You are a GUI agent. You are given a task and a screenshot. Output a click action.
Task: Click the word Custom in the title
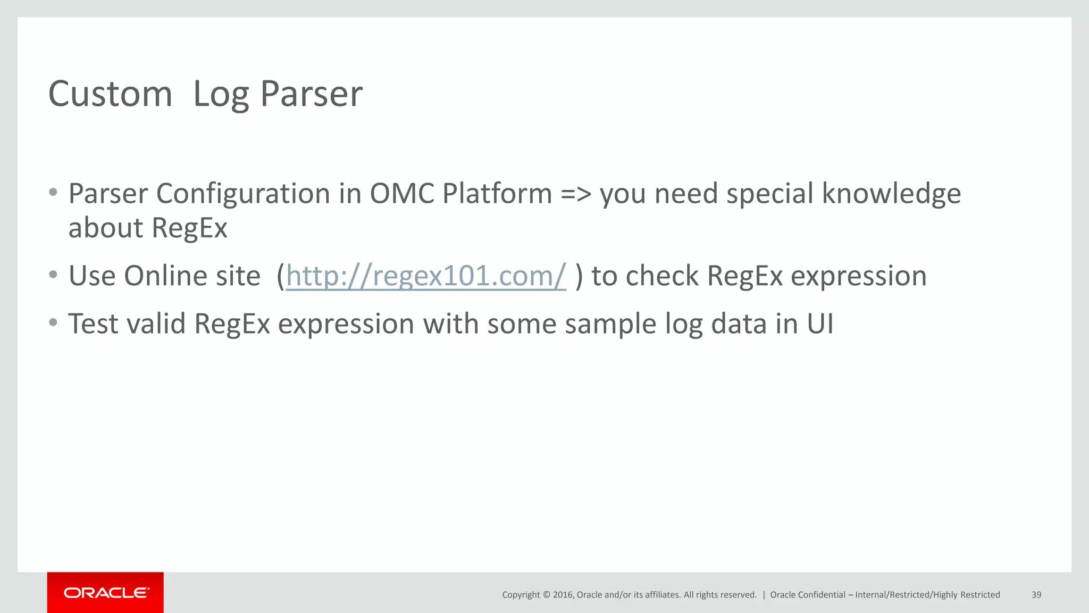tap(110, 94)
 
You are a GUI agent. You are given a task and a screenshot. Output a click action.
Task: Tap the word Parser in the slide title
tap(311, 94)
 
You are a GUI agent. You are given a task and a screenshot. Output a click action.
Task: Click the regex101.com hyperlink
tap(425, 276)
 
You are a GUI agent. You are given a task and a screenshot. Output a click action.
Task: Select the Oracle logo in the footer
tap(106, 593)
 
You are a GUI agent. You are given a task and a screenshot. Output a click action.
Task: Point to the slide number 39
tap(1036, 595)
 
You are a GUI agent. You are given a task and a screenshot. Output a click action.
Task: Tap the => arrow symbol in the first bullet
tap(576, 194)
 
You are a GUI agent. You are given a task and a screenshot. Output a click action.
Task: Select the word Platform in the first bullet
tap(497, 194)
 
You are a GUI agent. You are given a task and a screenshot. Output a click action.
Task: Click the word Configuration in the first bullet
tap(243, 194)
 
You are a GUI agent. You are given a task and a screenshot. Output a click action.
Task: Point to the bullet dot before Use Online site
tap(53, 275)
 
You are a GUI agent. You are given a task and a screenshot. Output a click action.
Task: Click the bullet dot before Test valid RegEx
tap(53, 322)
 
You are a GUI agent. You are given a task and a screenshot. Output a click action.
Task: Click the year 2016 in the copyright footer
tap(563, 595)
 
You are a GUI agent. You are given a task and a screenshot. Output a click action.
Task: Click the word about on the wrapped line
tap(106, 228)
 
